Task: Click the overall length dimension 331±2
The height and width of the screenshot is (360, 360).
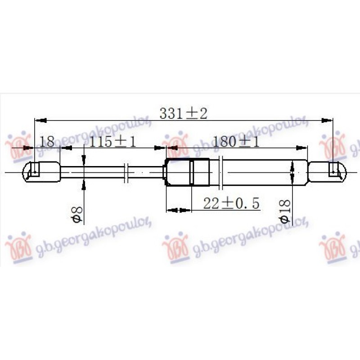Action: point(183,113)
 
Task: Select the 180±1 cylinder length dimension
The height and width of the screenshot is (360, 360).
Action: point(236,141)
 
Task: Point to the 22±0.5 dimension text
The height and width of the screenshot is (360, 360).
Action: point(231,203)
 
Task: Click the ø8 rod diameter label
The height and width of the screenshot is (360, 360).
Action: point(77,215)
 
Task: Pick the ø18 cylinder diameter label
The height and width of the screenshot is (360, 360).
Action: point(285,211)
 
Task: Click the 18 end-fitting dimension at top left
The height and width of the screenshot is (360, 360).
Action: point(47,141)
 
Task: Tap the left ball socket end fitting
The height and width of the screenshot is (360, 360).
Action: point(41,172)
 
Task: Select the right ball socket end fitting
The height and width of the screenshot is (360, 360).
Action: point(327,172)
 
